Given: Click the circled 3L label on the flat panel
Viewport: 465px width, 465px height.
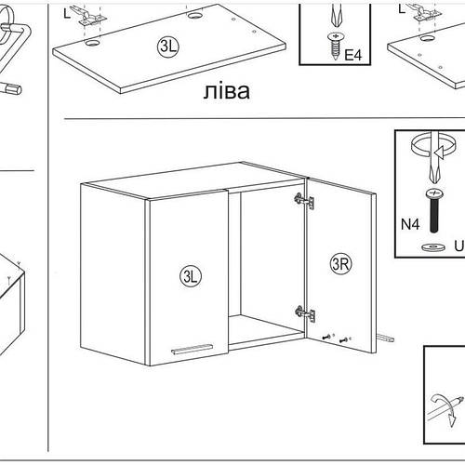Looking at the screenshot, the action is (168, 46).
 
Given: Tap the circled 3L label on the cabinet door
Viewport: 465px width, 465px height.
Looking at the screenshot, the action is (191, 276).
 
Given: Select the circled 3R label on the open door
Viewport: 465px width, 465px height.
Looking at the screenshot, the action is (340, 264).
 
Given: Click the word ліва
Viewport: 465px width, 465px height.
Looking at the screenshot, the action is (227, 91).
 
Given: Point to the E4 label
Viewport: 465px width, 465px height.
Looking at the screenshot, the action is (353, 56).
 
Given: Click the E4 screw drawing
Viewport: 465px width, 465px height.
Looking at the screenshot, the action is (335, 46).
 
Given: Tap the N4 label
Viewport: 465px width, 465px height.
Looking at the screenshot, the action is (410, 224).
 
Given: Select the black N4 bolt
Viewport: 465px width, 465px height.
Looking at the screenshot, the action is (434, 210).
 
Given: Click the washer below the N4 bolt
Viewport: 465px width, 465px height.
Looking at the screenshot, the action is (433, 247).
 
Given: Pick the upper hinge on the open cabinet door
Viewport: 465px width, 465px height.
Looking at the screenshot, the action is (304, 200).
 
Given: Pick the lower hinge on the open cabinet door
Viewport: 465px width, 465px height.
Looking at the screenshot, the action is (305, 313).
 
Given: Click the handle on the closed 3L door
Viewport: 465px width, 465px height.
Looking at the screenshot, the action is (192, 349).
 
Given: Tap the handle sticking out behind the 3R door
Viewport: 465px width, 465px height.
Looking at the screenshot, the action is (386, 338).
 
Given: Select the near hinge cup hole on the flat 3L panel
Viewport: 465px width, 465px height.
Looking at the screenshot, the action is (92, 43).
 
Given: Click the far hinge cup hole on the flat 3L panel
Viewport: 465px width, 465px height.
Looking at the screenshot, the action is (194, 15).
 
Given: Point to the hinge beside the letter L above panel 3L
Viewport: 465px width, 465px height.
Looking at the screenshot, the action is (89, 16).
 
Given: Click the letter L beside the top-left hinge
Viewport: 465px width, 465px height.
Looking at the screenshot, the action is (67, 13).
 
